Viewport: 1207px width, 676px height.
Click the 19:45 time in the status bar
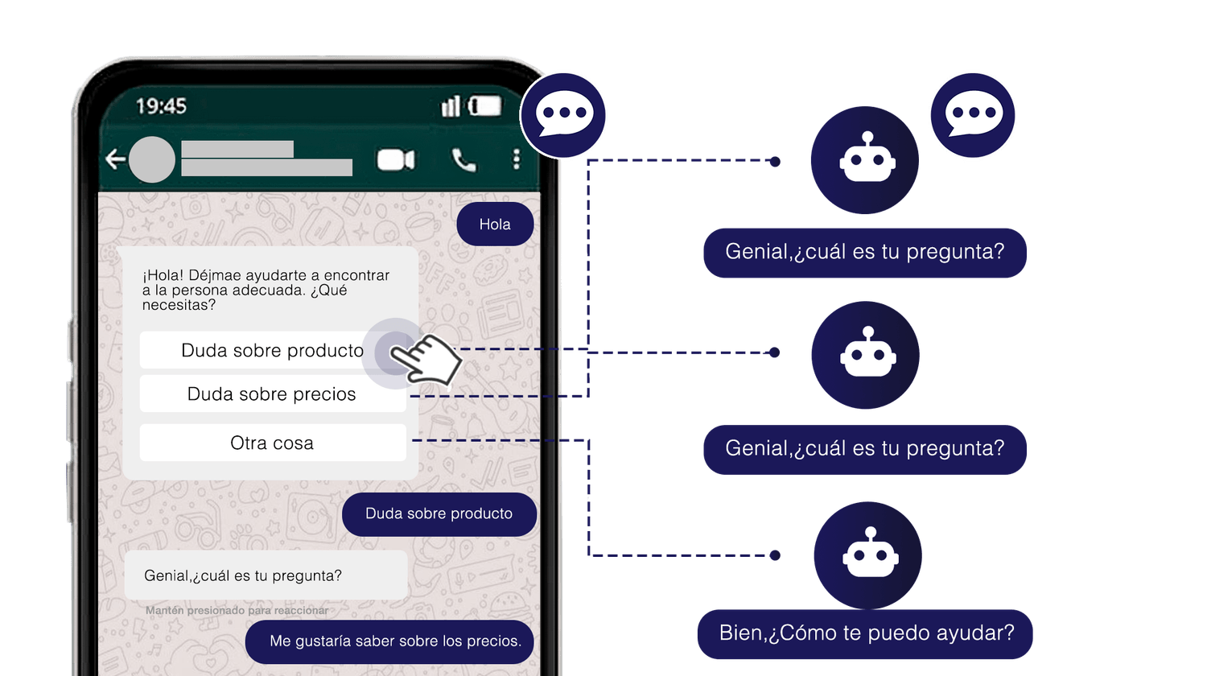pyautogui.click(x=161, y=106)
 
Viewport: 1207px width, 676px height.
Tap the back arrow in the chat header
pyautogui.click(x=115, y=159)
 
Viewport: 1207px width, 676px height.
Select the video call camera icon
pyautogui.click(x=396, y=160)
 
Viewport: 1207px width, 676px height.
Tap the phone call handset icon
pyautogui.click(x=464, y=160)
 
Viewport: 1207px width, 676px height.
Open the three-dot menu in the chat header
pyautogui.click(x=517, y=159)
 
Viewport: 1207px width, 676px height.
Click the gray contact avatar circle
pyautogui.click(x=152, y=159)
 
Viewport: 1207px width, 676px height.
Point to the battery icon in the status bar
pyautogui.click(x=485, y=105)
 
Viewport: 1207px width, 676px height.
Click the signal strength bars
pyautogui.click(x=451, y=106)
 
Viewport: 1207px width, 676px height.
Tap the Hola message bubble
pyautogui.click(x=495, y=225)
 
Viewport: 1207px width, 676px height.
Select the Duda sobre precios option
pyautogui.click(x=272, y=394)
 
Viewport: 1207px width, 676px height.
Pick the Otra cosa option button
pyautogui.click(x=272, y=443)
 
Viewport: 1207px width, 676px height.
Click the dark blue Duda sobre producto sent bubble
pyautogui.click(x=439, y=513)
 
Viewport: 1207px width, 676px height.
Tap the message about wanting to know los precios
pyautogui.click(x=389, y=641)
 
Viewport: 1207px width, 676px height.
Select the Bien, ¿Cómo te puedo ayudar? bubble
pyautogui.click(x=865, y=634)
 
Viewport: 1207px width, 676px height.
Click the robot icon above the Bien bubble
pyautogui.click(x=867, y=555)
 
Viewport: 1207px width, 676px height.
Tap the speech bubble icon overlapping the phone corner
pyautogui.click(x=563, y=115)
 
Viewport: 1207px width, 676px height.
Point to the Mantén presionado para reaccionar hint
pyautogui.click(x=237, y=611)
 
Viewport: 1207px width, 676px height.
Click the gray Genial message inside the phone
pyautogui.click(x=266, y=575)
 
